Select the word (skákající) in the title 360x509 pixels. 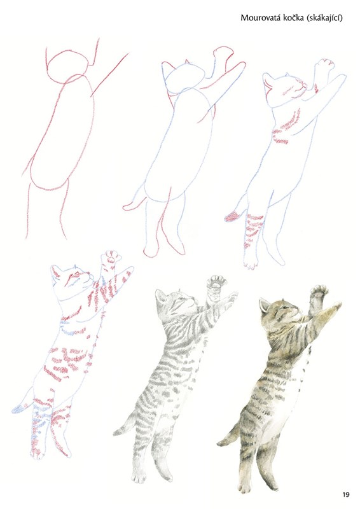pos(323,18)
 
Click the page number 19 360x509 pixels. pos(346,495)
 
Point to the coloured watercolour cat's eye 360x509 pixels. pos(286,307)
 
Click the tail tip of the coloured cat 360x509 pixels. pos(221,442)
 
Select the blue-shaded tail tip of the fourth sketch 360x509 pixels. pos(18,409)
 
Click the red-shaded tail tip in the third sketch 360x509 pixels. pos(231,216)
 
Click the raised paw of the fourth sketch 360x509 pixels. pos(111,258)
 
